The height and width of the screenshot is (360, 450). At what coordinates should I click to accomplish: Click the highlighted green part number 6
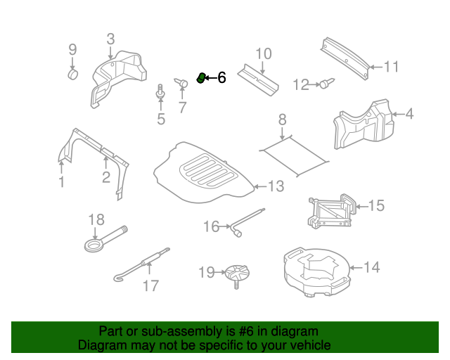point(200,77)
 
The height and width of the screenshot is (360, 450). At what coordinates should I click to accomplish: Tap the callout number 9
point(72,49)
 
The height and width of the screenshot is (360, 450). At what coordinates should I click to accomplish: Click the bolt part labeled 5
point(161,92)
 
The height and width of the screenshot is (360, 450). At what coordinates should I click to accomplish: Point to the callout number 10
point(262,53)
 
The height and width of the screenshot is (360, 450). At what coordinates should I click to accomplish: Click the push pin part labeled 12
point(326,85)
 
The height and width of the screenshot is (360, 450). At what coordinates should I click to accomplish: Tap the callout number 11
point(391,67)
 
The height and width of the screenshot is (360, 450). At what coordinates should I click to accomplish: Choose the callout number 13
point(276,186)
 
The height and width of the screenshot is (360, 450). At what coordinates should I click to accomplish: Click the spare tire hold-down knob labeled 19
point(239,274)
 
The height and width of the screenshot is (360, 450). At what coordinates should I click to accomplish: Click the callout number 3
point(110,39)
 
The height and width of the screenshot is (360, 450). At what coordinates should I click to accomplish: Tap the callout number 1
point(61,182)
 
